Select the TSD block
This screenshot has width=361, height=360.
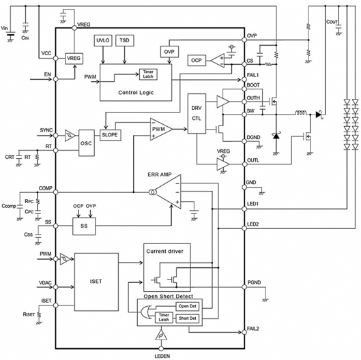(x=126, y=40)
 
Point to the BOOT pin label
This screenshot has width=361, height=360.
(x=252, y=85)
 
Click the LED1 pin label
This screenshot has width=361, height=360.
(x=252, y=203)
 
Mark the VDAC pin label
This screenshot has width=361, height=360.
(x=46, y=281)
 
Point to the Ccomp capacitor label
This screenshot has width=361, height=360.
(x=10, y=205)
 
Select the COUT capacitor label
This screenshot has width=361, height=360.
(x=333, y=22)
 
